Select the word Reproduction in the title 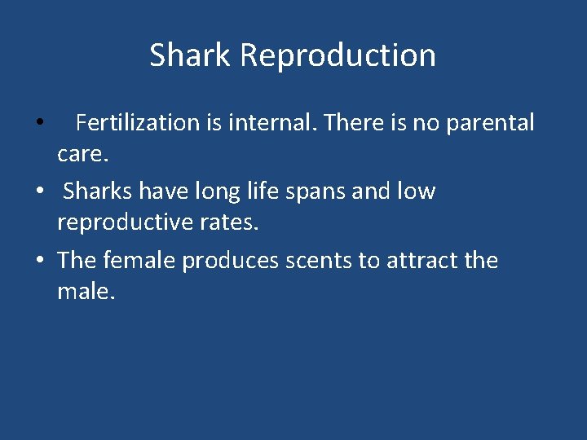pos(338,55)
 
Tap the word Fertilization pos(138,123)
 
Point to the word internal pos(272,123)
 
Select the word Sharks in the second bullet pos(98,191)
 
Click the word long pos(215,191)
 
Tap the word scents pos(320,261)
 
